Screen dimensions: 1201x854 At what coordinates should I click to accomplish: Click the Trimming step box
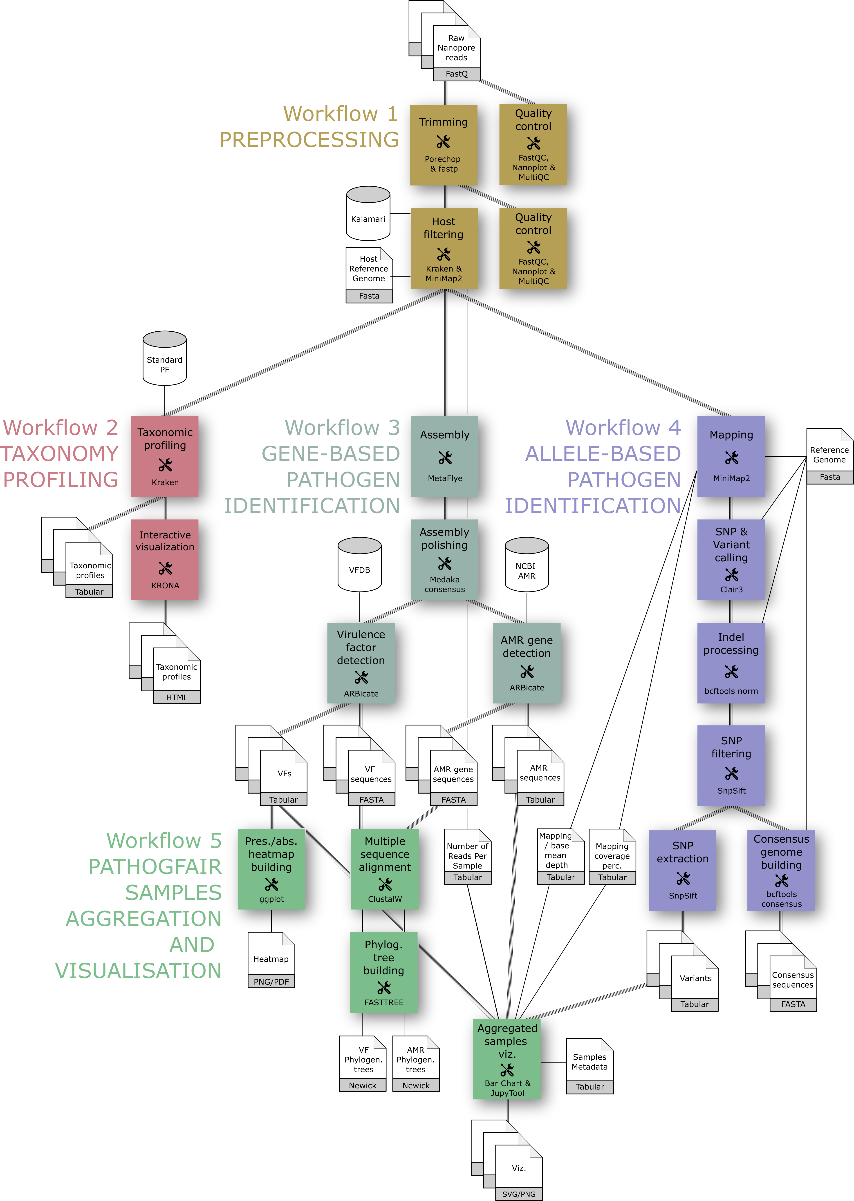[443, 145]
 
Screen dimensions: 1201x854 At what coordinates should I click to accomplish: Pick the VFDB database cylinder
[360, 565]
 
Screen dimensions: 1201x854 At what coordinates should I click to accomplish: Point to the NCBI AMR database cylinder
[526, 565]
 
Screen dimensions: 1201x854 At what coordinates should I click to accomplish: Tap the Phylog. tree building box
[384, 972]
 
